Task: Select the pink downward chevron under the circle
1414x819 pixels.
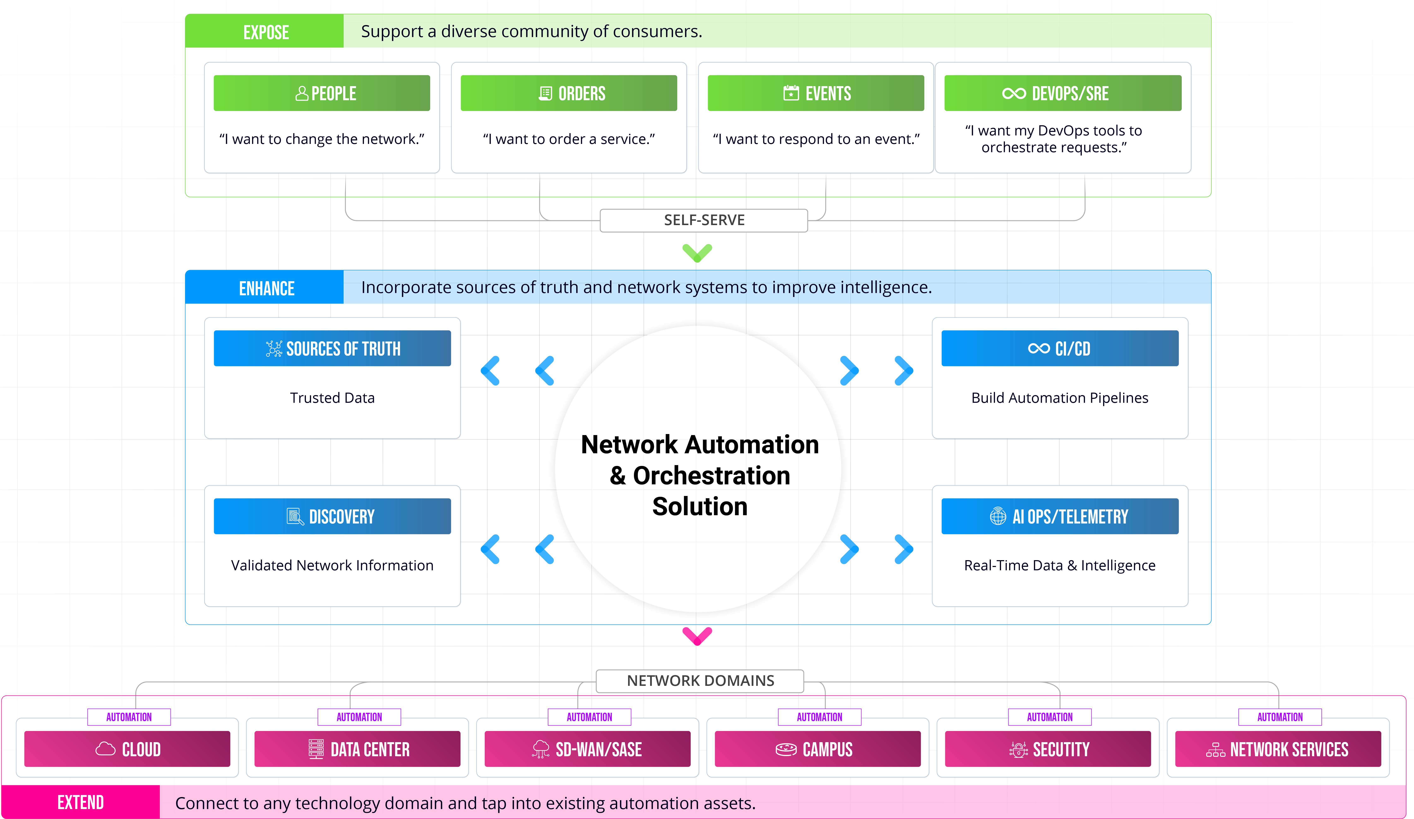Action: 697,636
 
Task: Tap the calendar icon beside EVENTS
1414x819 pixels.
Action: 791,93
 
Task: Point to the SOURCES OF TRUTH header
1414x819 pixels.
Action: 332,349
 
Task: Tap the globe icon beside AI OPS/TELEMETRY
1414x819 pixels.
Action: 998,516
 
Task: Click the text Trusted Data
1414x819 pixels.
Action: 332,398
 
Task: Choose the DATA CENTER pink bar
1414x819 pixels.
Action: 357,749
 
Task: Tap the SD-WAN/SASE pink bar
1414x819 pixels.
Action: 588,749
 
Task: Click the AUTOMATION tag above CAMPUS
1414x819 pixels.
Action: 819,717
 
